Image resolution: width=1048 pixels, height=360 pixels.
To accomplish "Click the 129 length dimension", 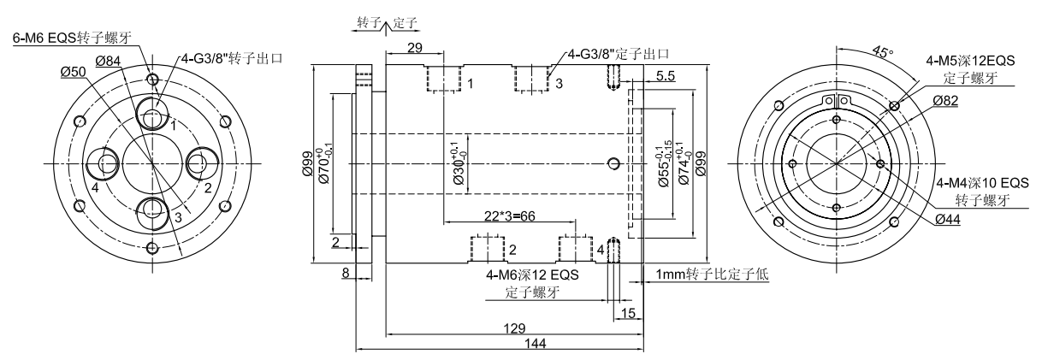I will click(513, 328).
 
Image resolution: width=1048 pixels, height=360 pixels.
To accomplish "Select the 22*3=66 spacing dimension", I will click(508, 218).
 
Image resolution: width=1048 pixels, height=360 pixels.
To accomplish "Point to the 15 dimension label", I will click(628, 313).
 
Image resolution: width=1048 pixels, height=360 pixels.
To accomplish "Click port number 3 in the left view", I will click(177, 217).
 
